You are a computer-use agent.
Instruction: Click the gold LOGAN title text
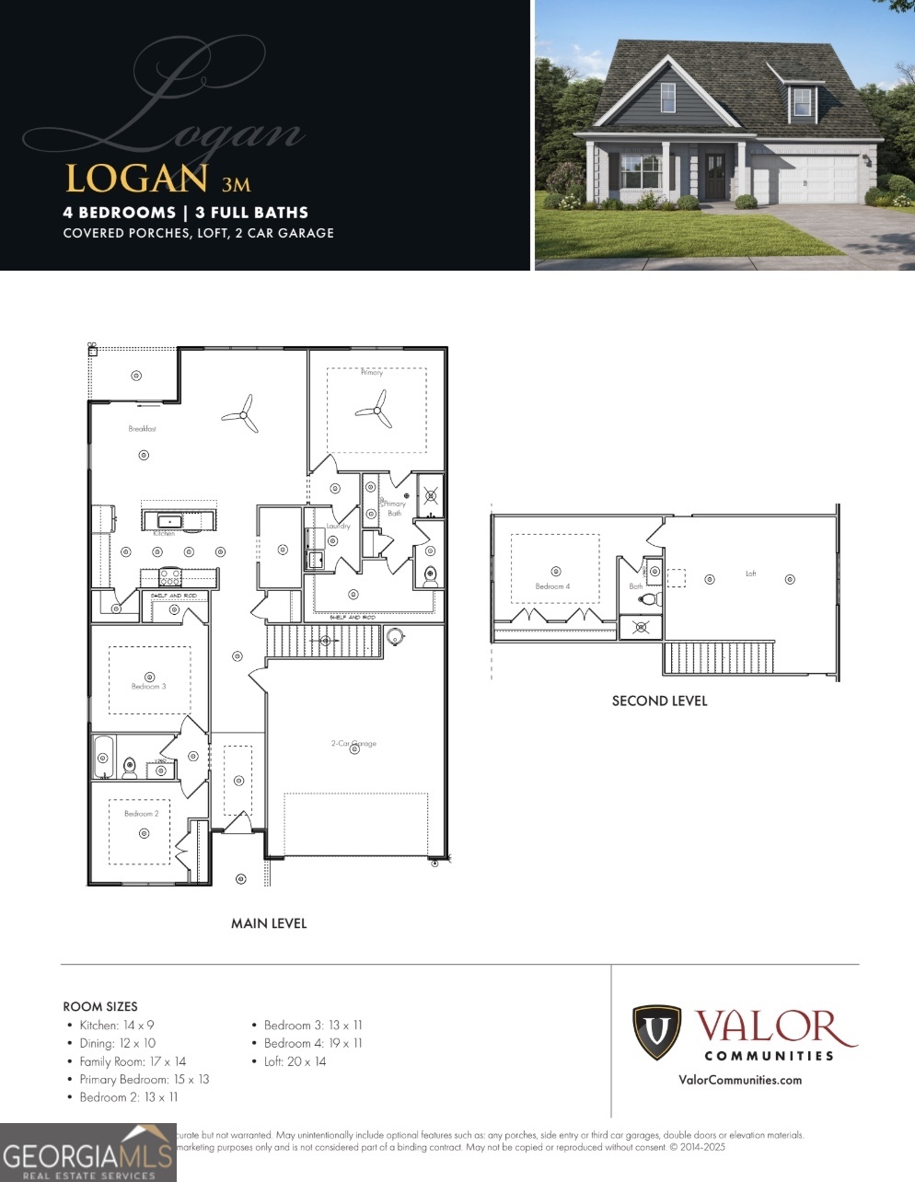(x=136, y=179)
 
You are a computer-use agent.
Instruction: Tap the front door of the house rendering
(x=714, y=178)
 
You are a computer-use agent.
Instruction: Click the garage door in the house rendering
(x=817, y=180)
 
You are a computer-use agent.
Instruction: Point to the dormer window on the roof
(x=803, y=101)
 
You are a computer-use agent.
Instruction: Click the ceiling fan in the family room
(x=243, y=414)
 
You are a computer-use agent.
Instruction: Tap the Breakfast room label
(x=142, y=429)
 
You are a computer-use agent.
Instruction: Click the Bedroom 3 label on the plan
(x=148, y=687)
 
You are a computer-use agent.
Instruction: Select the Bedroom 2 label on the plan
(x=142, y=814)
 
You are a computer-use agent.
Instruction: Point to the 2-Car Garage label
(x=353, y=743)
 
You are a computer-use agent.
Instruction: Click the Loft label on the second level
(x=750, y=574)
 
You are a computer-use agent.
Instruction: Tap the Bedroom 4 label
(x=552, y=586)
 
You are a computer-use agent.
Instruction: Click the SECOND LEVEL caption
(x=659, y=701)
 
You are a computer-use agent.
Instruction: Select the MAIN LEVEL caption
(x=269, y=923)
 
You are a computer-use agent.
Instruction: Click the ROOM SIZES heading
(x=100, y=1006)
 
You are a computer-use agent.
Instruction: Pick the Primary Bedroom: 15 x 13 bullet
(x=144, y=1079)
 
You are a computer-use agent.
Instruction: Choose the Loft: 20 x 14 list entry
(x=295, y=1061)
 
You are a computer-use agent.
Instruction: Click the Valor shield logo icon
(x=656, y=1033)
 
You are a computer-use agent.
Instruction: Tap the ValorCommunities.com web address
(x=739, y=1080)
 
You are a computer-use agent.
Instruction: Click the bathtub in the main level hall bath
(x=103, y=757)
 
